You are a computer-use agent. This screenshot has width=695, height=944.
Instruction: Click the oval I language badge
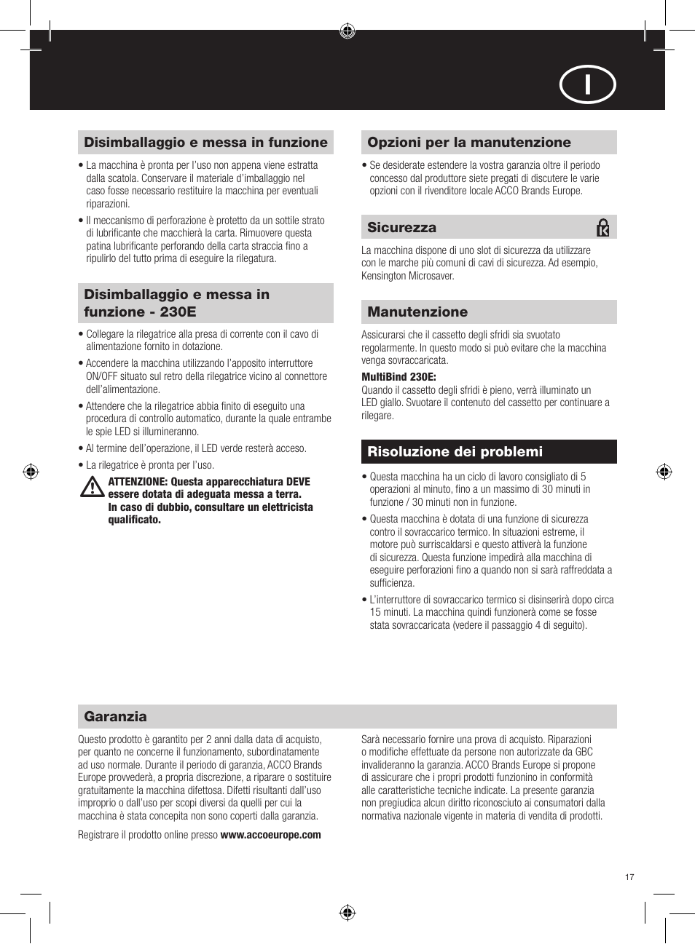pyautogui.click(x=587, y=84)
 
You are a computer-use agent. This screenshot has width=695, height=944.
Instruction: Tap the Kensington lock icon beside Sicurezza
pyautogui.click(x=602, y=228)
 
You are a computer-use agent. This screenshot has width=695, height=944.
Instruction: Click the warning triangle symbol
pyautogui.click(x=92, y=487)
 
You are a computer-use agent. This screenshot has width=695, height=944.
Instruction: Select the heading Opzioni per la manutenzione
pyautogui.click(x=469, y=143)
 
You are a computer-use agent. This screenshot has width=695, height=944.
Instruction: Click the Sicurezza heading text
pyautogui.click(x=401, y=228)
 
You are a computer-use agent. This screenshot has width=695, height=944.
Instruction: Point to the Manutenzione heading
pyautogui.click(x=417, y=312)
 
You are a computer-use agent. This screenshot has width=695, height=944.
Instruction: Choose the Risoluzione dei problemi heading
pyautogui.click(x=455, y=452)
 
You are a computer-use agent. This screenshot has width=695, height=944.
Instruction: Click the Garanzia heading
pyautogui.click(x=115, y=717)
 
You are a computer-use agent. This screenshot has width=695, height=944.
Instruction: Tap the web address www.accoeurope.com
pyautogui.click(x=270, y=835)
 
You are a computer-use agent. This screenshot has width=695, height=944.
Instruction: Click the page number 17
pyautogui.click(x=629, y=877)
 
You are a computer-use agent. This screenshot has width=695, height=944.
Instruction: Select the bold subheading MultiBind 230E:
pyautogui.click(x=398, y=377)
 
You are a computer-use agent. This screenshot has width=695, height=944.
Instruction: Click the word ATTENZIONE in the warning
pyautogui.click(x=137, y=482)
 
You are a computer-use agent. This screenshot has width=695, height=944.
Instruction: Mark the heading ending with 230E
pyautogui.click(x=176, y=304)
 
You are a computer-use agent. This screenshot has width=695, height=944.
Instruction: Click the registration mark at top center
pyautogui.click(x=347, y=31)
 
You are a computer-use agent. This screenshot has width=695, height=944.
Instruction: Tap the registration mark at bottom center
pyautogui.click(x=347, y=913)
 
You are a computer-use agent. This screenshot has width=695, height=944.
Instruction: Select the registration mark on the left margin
pyautogui.click(x=31, y=472)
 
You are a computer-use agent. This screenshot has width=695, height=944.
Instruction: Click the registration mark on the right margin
pyautogui.click(x=664, y=472)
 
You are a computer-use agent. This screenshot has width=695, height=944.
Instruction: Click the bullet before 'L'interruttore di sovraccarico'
pyautogui.click(x=364, y=600)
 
